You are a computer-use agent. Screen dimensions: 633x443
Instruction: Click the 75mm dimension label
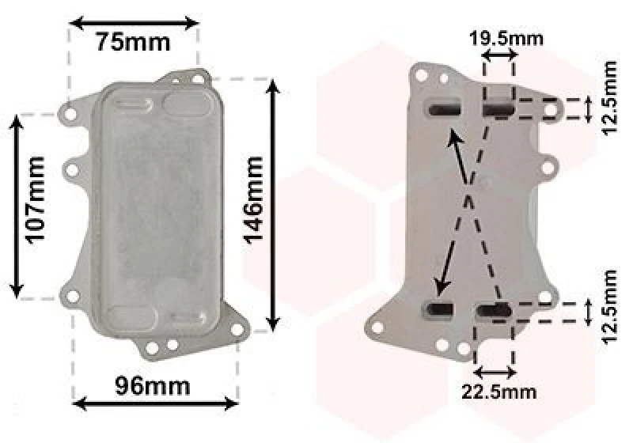[133, 42]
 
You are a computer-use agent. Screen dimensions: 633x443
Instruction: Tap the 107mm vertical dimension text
[35, 200]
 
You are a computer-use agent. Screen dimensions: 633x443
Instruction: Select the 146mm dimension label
[253, 200]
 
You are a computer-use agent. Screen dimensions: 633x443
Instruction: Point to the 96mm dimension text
[152, 386]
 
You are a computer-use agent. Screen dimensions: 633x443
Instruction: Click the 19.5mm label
[506, 39]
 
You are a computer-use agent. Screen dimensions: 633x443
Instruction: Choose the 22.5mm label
[499, 392]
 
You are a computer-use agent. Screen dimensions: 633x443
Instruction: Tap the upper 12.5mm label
[608, 98]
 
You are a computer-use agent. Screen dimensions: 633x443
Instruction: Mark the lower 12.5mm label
[608, 307]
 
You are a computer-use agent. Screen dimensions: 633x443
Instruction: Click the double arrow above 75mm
[135, 23]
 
